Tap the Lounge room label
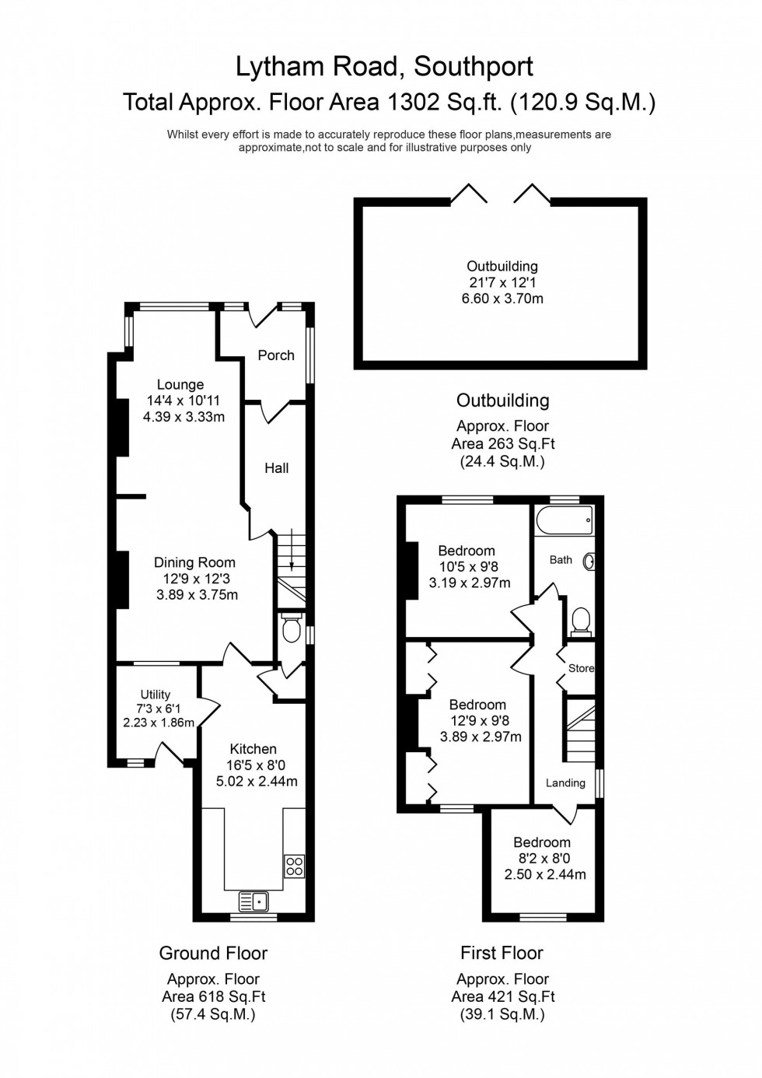[180, 384]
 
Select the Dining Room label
[194, 562]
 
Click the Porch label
[276, 355]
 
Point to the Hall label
[276, 468]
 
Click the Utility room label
[156, 695]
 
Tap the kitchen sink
[253, 901]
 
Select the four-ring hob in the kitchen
[295, 866]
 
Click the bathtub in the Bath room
[565, 520]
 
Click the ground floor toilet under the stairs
[292, 629]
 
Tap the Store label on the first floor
[581, 668]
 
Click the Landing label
[565, 782]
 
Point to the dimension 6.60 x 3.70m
[502, 299]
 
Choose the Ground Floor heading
[213, 953]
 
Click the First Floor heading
[502, 953]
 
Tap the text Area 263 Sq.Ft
[502, 443]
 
